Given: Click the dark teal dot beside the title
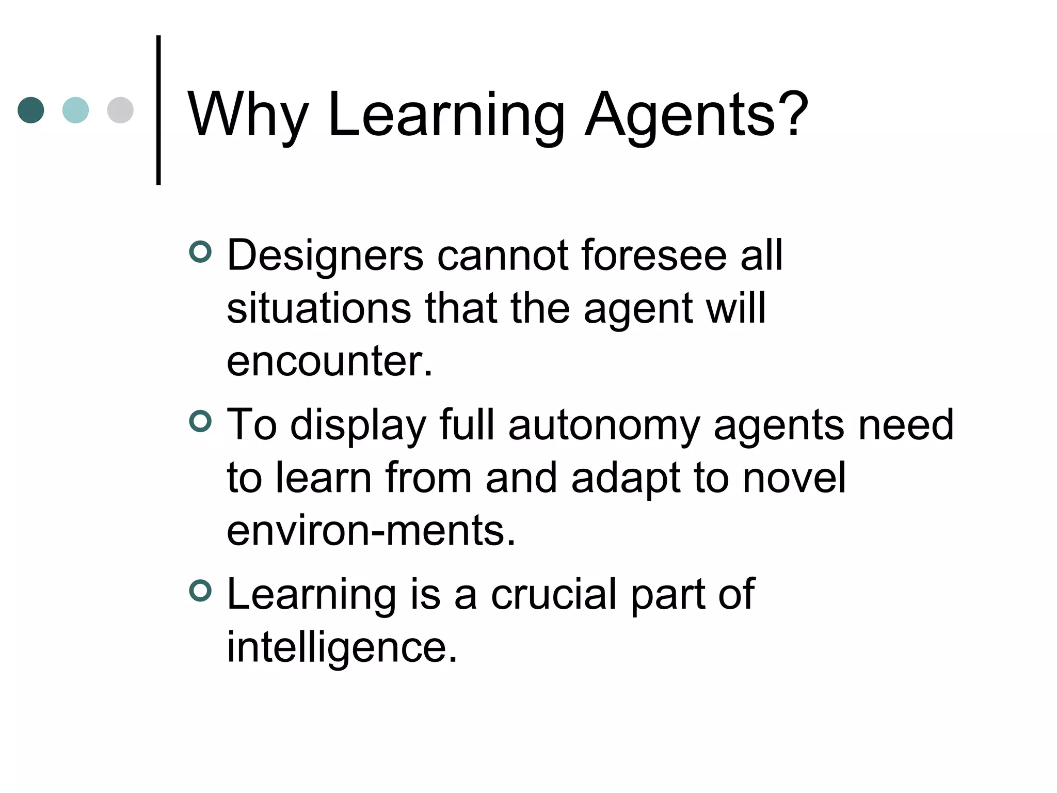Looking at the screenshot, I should [x=31, y=110].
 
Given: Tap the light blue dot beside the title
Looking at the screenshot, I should [x=75, y=110].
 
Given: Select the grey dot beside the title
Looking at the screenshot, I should [x=120, y=110].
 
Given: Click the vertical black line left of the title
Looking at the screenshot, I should [x=158, y=110].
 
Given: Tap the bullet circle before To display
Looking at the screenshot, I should [x=200, y=421].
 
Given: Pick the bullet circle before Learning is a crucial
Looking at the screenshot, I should [x=200, y=591].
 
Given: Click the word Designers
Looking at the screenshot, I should [x=325, y=256].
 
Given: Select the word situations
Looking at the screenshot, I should [x=319, y=308].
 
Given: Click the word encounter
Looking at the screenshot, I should [x=329, y=361].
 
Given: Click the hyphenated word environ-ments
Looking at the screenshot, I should [x=371, y=531].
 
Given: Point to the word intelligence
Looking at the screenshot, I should [x=342, y=648].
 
